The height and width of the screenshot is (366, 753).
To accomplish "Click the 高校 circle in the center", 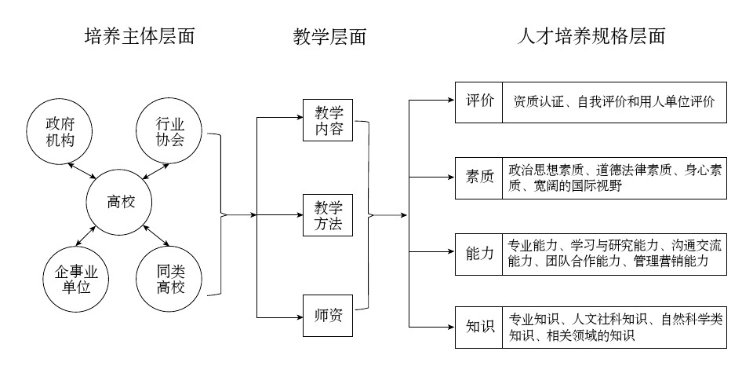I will tap(121, 202).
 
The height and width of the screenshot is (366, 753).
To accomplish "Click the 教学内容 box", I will tap(329, 120).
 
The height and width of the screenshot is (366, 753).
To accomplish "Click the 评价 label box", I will tap(479, 101).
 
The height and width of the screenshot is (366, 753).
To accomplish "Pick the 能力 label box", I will tap(479, 253).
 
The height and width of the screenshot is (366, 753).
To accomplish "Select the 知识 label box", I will tap(479, 325).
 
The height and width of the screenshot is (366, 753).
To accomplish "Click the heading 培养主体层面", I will tap(139, 36).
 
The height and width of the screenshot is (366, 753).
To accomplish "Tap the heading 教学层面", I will tap(329, 36).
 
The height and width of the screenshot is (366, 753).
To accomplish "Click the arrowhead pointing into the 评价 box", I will tap(450, 101).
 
